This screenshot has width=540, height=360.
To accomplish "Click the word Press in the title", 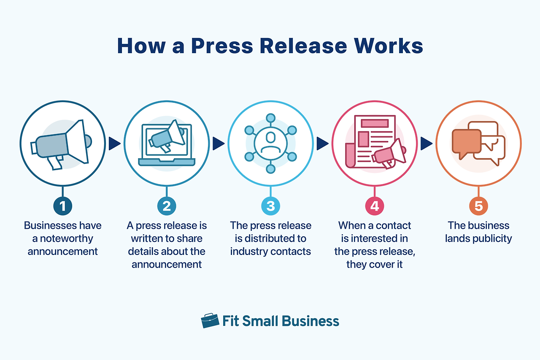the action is pyautogui.click(x=222, y=46).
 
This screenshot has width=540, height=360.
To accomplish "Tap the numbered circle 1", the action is pyautogui.click(x=63, y=206).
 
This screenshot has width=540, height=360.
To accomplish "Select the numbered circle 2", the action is pyautogui.click(x=167, y=206).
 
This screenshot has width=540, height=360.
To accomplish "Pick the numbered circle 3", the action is pyautogui.click(x=270, y=206).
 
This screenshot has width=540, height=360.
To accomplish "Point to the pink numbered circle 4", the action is pyautogui.click(x=374, y=206).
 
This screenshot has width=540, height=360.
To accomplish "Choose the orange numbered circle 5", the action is pyautogui.click(x=478, y=206).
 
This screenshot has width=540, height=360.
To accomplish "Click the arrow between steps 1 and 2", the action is pyautogui.click(x=114, y=144).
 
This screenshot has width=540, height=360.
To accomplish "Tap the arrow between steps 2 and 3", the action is pyautogui.click(x=219, y=144).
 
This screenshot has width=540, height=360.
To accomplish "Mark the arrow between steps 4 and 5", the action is pyautogui.click(x=427, y=144).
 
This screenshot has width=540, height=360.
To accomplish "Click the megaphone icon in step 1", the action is pyautogui.click(x=61, y=145).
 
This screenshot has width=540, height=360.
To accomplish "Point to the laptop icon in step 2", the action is pyautogui.click(x=167, y=145).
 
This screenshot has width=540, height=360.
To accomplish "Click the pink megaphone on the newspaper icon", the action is pyautogui.click(x=389, y=154).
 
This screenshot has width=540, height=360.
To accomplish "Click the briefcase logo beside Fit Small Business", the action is pyautogui.click(x=210, y=321).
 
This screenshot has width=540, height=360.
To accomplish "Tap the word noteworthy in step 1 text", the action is pyautogui.click(x=66, y=239).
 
